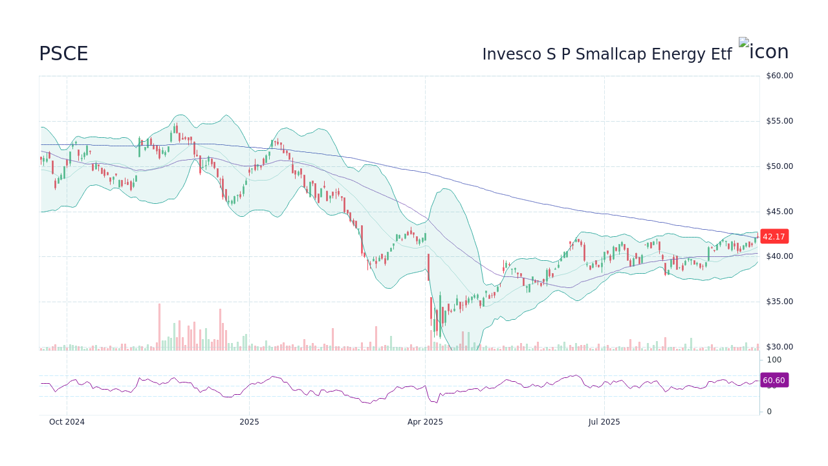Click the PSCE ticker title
point(63,54)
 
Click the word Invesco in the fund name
point(512,54)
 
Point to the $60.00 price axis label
point(779,76)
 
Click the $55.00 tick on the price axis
point(779,121)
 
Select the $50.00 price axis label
point(779,166)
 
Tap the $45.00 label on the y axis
point(779,212)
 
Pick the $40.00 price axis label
point(779,256)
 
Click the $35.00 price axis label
point(779,302)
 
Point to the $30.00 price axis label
point(779,347)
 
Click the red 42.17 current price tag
point(774,237)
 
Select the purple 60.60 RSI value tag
point(774,381)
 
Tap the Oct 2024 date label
point(67,422)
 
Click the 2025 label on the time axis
point(249,422)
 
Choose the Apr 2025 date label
point(425,422)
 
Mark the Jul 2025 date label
point(604,422)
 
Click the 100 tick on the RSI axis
point(774,360)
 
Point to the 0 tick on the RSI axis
point(769,412)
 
